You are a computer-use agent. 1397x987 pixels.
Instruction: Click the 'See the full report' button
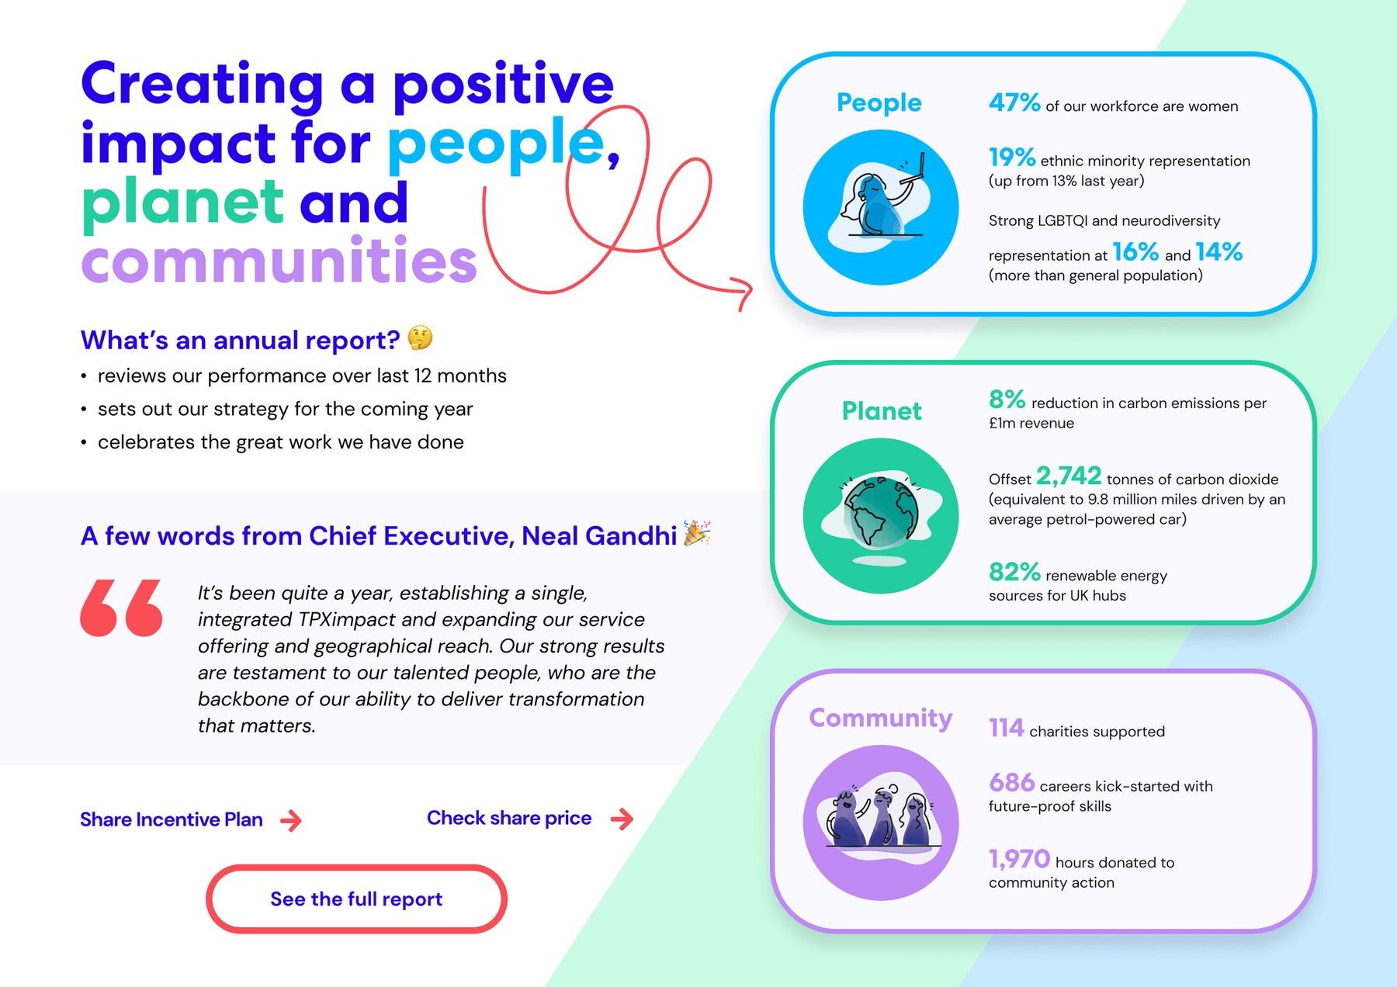point(356,899)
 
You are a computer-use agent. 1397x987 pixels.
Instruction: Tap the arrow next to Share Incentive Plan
point(291,820)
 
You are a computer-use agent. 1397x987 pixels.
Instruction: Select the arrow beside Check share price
point(622,819)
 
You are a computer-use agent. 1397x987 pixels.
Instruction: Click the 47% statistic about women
point(1014,102)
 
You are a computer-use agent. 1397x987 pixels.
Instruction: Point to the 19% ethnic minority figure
point(1012,158)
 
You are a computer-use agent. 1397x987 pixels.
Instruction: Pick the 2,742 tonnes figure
point(1069,476)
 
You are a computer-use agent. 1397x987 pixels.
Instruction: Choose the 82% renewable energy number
point(1014,572)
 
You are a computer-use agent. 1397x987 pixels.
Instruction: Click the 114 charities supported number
point(1007,728)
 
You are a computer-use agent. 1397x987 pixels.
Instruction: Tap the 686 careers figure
point(1012,782)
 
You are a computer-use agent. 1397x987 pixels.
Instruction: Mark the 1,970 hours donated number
point(1019,859)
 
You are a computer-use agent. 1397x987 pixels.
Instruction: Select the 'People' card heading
point(879,102)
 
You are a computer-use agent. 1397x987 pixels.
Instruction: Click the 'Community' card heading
point(881,718)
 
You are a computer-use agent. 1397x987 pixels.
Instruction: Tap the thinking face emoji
point(420,338)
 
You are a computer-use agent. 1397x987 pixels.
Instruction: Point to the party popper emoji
point(696,533)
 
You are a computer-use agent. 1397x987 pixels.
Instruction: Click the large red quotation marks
point(122,608)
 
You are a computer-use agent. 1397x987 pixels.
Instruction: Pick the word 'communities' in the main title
point(279,261)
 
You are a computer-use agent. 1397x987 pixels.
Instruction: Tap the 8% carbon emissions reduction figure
point(1007,400)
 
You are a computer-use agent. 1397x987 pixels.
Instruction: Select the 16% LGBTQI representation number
point(1135,252)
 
